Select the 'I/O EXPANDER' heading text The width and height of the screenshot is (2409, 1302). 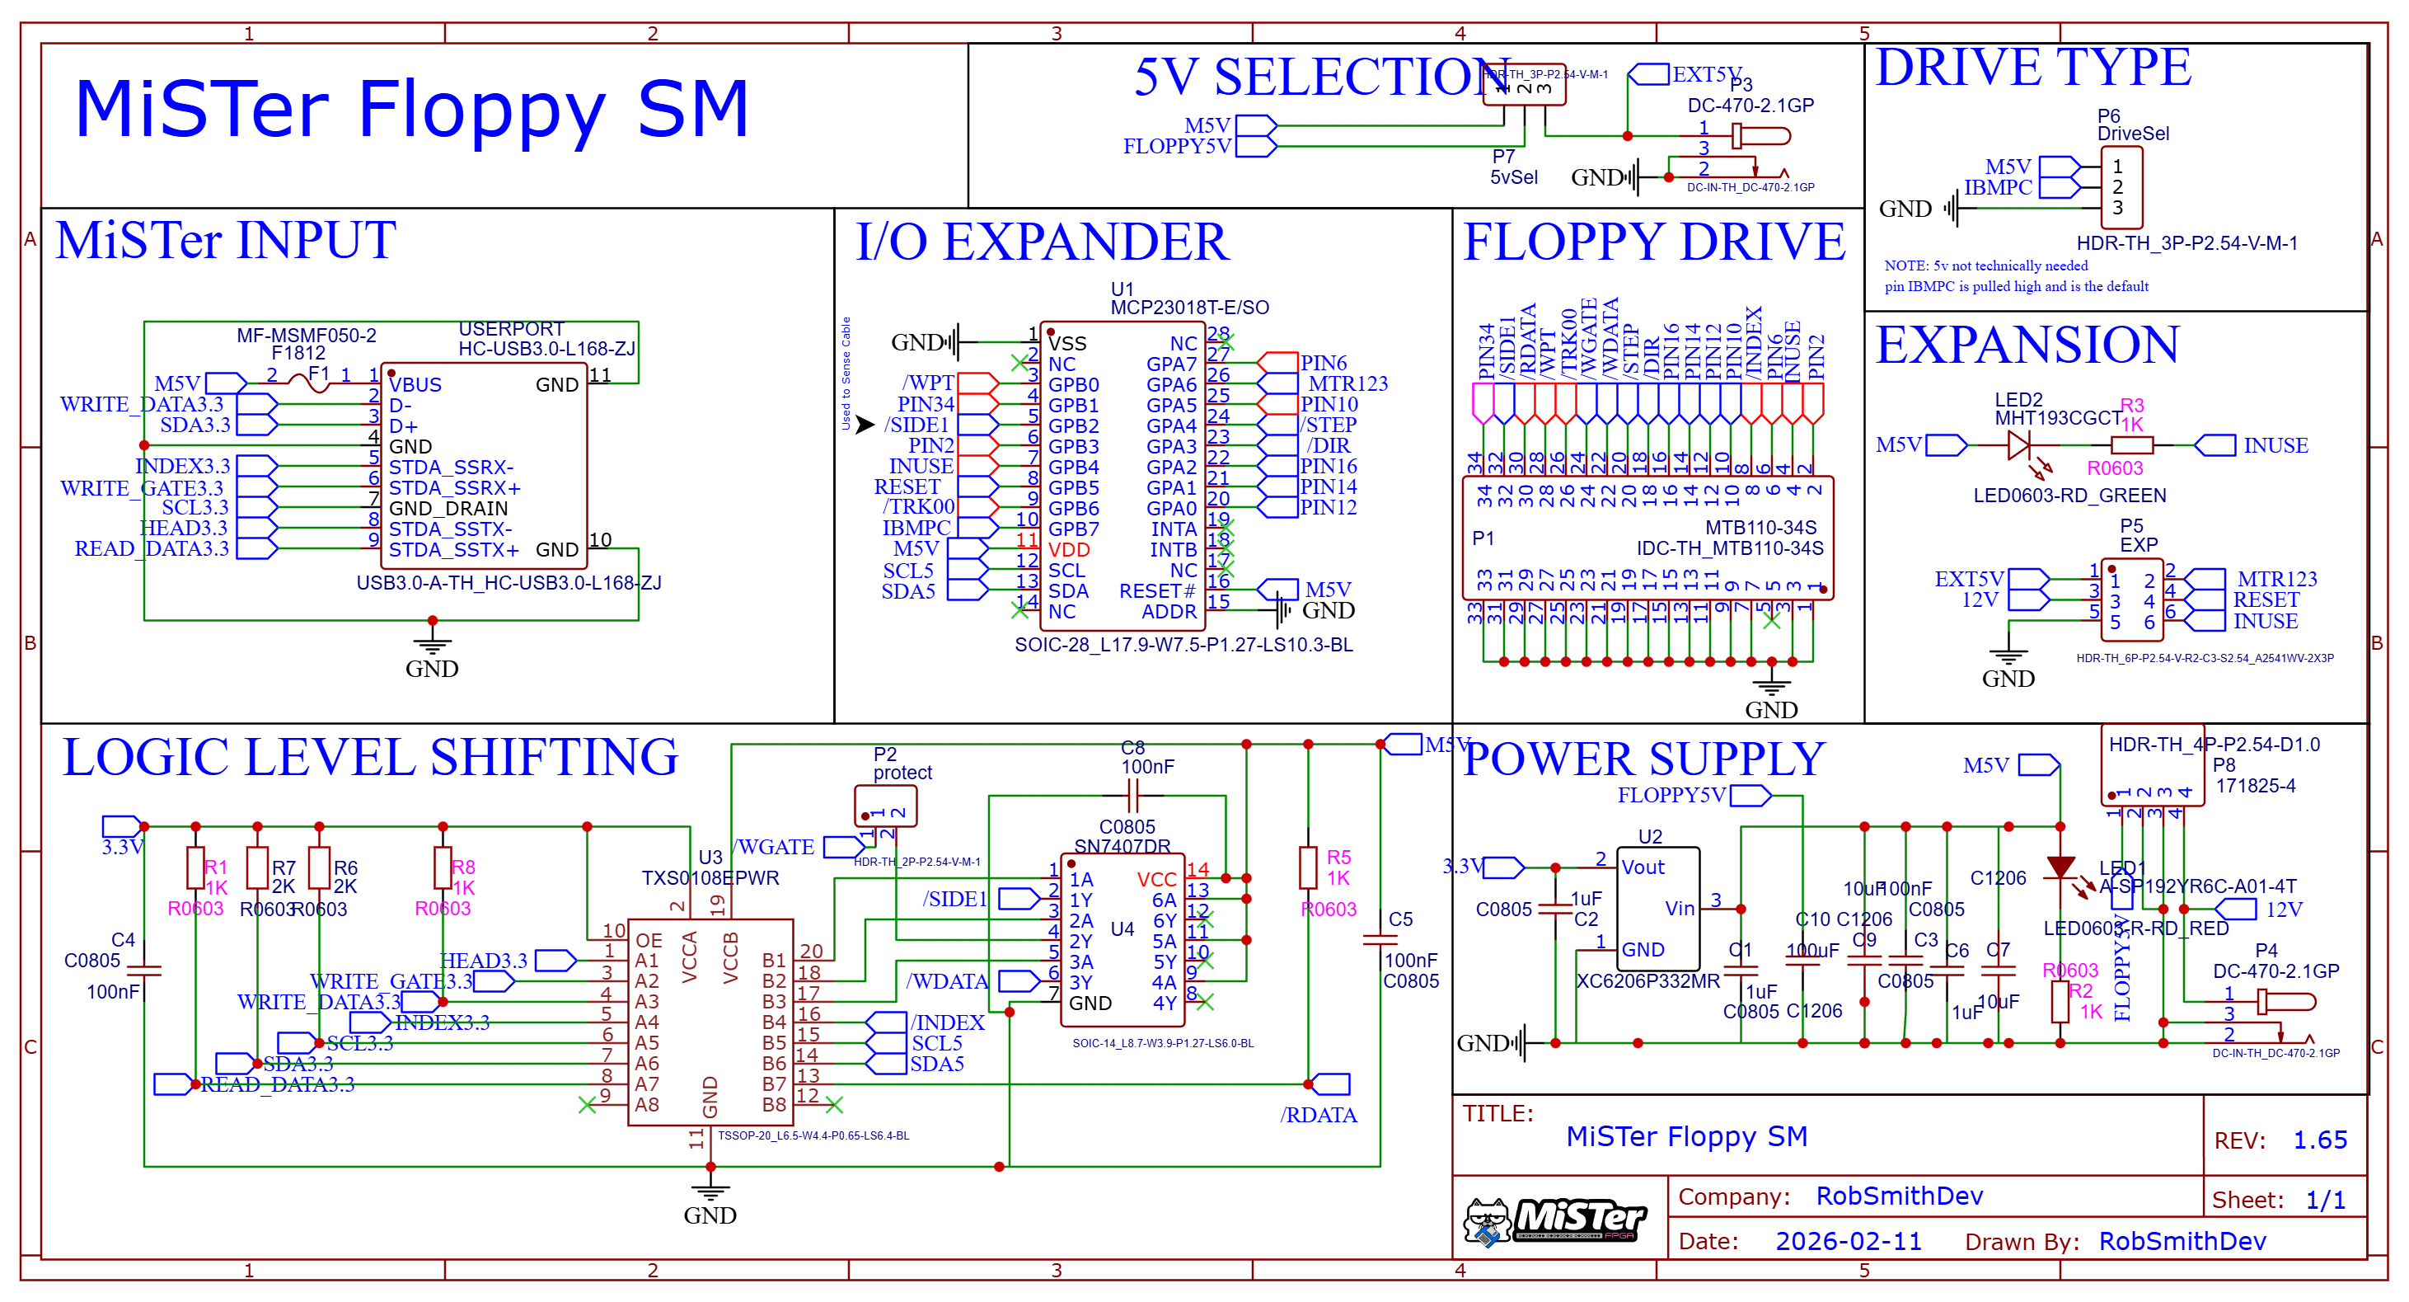point(1042,242)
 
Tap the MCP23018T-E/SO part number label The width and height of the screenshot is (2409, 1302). point(1188,308)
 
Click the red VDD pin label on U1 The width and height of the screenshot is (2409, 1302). point(1068,550)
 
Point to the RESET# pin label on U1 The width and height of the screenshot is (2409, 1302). point(1157,591)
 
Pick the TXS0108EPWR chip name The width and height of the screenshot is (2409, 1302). point(710,878)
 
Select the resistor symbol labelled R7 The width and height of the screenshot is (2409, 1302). point(257,868)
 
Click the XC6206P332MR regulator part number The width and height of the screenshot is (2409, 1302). point(1647,981)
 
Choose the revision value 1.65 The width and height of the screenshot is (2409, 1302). point(2320,1140)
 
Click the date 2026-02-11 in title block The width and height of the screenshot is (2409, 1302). point(1848,1241)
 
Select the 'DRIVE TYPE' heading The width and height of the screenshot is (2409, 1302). point(2033,68)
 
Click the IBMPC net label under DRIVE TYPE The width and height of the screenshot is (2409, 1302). point(1998,187)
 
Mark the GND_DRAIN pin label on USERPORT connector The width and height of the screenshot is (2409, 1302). point(448,509)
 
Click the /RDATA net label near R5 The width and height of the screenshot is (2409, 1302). point(1319,1115)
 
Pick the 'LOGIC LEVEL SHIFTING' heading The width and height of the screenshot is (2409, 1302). point(370,758)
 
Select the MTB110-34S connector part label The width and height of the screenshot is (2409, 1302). point(1760,528)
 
